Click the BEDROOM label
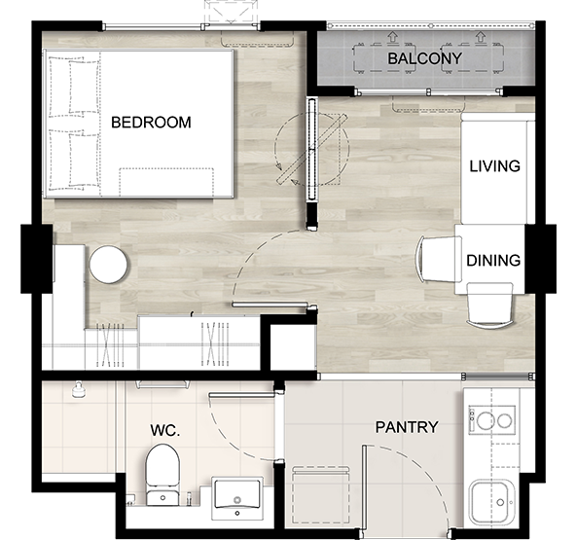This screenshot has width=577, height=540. coord(151,123)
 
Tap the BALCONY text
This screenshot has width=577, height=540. coord(424,58)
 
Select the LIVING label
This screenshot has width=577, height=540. coord(494,166)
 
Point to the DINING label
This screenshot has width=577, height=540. coord(493,261)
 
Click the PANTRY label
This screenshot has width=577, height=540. coord(407,427)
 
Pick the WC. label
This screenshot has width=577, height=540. coord(165,430)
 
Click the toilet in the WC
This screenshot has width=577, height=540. coord(162,475)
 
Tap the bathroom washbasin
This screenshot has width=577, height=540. coord(237,498)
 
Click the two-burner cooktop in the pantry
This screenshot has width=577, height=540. coord(491,419)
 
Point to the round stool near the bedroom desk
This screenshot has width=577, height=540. coord(108,264)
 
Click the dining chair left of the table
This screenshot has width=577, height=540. coord(438,259)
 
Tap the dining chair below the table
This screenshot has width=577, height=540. coord(489,305)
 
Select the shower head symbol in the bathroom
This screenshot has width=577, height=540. coord(79,390)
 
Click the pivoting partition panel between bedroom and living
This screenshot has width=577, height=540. coord(312,149)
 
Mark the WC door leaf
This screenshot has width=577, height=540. coord(241,395)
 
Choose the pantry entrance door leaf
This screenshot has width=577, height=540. coord(364,487)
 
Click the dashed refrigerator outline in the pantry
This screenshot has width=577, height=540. coord(320,495)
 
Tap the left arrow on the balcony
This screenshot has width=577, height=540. coord(393,36)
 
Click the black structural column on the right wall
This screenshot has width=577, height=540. coord(540,259)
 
